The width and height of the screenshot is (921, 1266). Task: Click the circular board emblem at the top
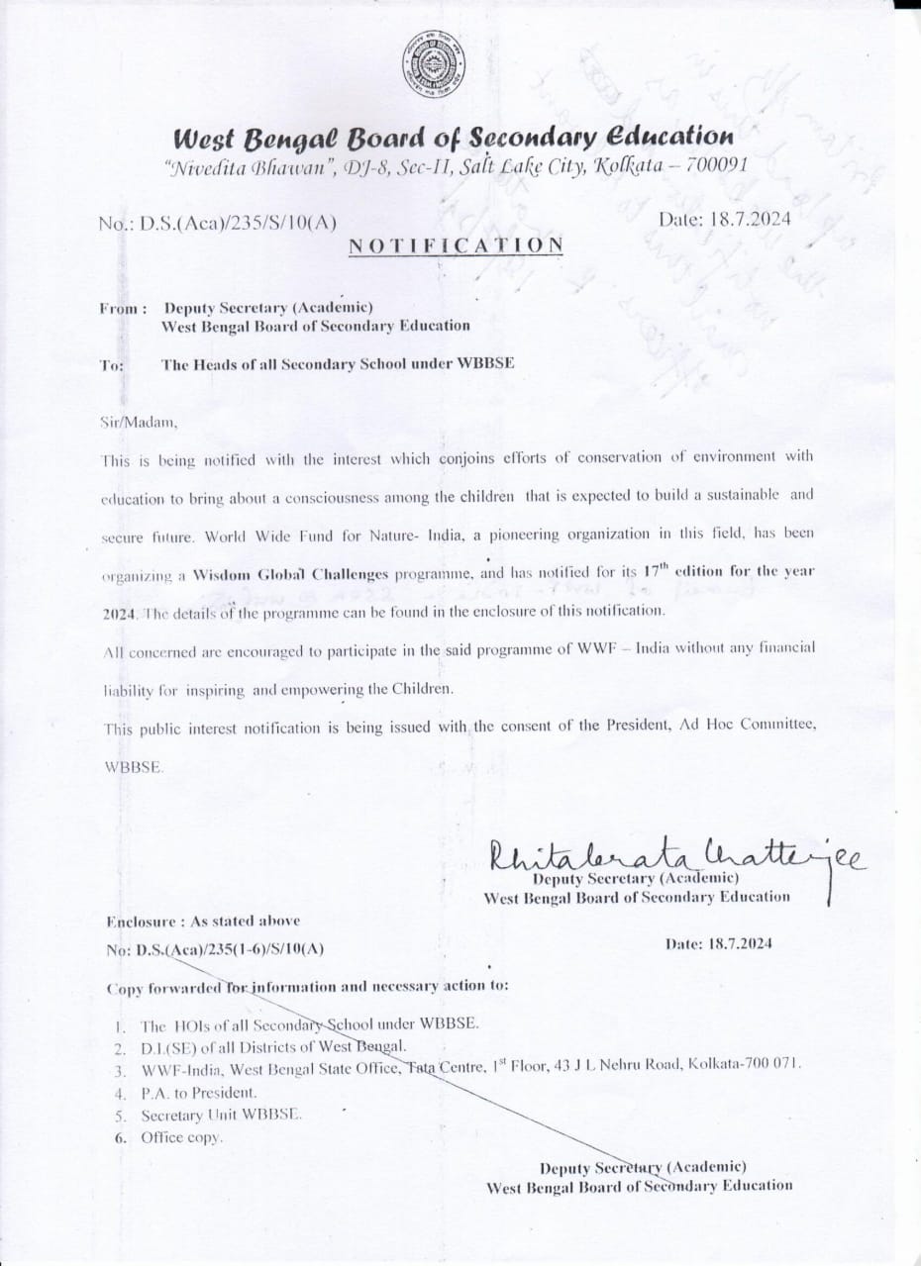click(x=434, y=66)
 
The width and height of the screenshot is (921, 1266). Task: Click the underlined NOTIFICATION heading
click(x=456, y=243)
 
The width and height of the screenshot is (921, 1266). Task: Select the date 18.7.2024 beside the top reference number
click(x=725, y=219)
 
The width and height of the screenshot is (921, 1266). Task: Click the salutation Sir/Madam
click(x=139, y=422)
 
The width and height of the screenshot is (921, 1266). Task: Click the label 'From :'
click(x=123, y=309)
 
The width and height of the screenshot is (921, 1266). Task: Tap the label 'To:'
click(x=112, y=365)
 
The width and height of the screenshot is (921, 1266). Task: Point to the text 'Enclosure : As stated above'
click(x=203, y=921)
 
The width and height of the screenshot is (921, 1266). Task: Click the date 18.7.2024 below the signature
click(x=720, y=942)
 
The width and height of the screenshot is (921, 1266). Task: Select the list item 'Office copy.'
click(x=182, y=1137)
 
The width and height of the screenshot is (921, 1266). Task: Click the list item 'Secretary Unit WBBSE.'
click(x=221, y=1115)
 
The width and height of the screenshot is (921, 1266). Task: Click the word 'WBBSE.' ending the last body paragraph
click(x=129, y=768)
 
